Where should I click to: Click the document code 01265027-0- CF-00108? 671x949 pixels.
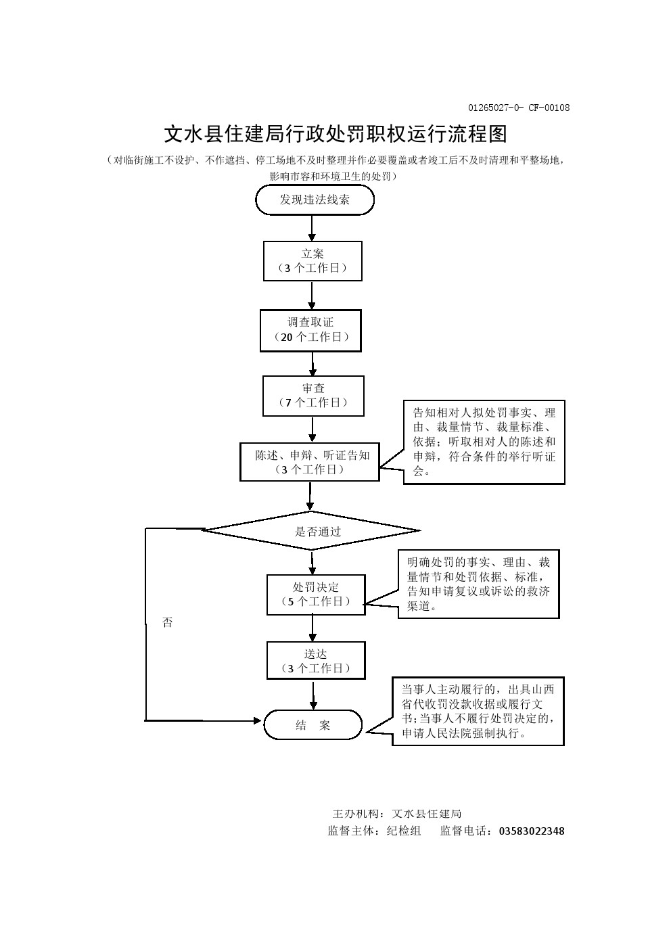tap(519, 108)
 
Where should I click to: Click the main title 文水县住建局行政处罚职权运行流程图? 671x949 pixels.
tap(335, 134)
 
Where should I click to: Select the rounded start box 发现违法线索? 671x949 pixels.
tap(315, 200)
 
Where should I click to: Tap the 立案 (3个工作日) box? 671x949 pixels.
tap(313, 261)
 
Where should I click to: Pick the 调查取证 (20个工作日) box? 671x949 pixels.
tap(310, 330)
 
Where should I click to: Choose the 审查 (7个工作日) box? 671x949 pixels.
tap(313, 396)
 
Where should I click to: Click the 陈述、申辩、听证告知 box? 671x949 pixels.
tap(310, 462)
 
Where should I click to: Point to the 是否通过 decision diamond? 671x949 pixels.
tap(312, 531)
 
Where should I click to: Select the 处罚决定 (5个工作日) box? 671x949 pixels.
tap(316, 595)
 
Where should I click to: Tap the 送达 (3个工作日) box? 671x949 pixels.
tap(316, 661)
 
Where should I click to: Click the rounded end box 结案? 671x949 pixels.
tap(313, 725)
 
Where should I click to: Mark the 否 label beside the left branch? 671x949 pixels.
tap(168, 622)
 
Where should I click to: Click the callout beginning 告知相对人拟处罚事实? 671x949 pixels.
tap(484, 442)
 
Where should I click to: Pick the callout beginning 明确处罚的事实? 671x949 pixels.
tap(478, 584)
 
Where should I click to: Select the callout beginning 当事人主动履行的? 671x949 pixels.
tap(478, 711)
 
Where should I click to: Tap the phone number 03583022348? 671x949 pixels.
tap(531, 831)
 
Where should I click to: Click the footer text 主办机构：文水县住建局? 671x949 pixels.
tap(397, 814)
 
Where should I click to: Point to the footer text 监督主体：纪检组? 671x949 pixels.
tap(374, 831)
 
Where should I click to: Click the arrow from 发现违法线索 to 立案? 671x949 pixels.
tap(312, 228)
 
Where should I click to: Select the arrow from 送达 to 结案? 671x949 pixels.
tap(313, 695)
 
